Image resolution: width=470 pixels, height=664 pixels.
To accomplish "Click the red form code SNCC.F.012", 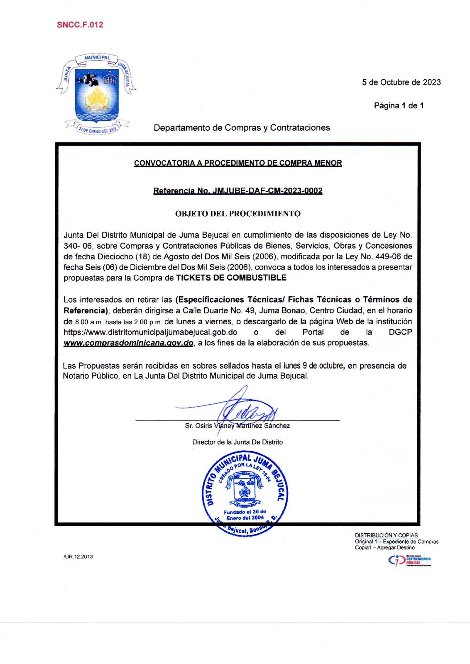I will [x=80, y=25].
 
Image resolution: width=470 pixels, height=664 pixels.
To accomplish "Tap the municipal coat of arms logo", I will [x=97, y=94].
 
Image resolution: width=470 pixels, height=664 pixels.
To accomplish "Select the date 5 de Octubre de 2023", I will [x=401, y=83].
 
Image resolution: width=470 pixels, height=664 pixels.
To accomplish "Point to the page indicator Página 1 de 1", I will [x=399, y=106].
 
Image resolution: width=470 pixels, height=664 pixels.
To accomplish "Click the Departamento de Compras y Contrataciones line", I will [x=242, y=128].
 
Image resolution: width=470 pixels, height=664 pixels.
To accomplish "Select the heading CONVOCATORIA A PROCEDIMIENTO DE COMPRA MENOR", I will [x=238, y=163].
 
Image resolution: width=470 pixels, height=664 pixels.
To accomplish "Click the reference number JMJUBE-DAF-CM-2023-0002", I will [x=267, y=191].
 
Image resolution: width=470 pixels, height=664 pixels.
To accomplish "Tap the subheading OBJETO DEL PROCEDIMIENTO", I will [x=238, y=214].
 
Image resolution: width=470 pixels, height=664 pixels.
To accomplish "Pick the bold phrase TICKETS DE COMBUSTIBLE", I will [x=231, y=278].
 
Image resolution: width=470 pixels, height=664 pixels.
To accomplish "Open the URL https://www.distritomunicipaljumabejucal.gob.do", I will [x=150, y=332].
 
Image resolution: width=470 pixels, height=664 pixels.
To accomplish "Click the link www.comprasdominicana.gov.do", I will [x=128, y=343].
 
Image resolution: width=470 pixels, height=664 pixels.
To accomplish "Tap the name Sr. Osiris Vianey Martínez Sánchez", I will [x=237, y=426].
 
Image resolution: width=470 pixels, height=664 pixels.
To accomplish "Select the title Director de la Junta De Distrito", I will [x=237, y=442].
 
